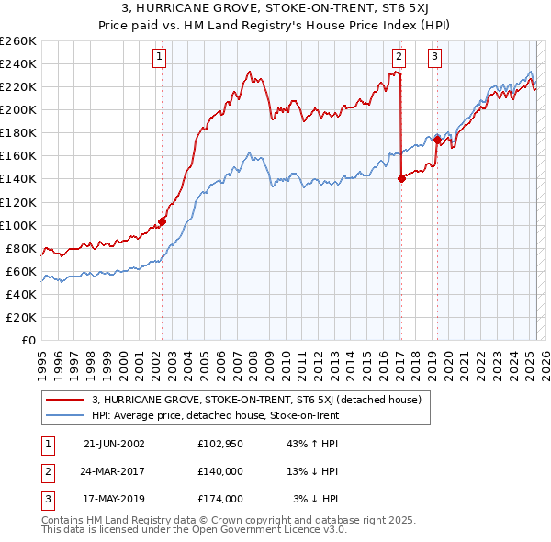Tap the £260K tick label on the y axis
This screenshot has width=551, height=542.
tap(18, 41)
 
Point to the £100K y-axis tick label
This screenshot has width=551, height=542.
tap(18, 225)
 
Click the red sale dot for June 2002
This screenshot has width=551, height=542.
tap(163, 221)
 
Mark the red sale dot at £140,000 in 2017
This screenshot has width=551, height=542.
tap(401, 178)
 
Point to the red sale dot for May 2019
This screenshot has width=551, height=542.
tap(437, 140)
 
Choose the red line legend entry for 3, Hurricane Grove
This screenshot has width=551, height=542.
tap(256, 400)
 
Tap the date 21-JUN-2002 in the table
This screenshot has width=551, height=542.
tap(114, 444)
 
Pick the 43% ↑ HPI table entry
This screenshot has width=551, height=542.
tap(312, 444)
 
